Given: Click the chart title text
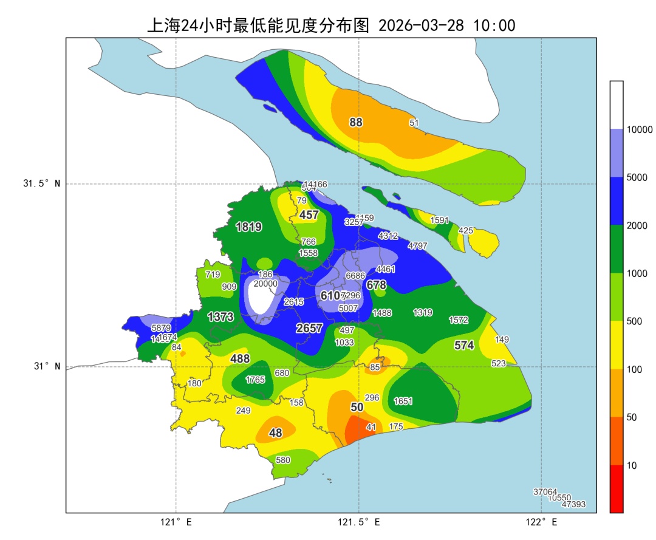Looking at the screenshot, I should pyautogui.click(x=331, y=25).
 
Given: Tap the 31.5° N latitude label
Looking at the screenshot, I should pyautogui.click(x=42, y=184).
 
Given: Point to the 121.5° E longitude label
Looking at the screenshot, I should pyautogui.click(x=359, y=522).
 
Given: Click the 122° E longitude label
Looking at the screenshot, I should pyautogui.click(x=542, y=522).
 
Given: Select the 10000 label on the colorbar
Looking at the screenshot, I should pyautogui.click(x=640, y=129).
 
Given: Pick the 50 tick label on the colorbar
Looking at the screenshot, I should pyautogui.click(x=632, y=417).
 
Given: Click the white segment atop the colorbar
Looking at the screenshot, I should pyautogui.click(x=617, y=104).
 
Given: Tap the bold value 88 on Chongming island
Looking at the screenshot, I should pyautogui.click(x=356, y=122).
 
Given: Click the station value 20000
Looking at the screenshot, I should pyautogui.click(x=265, y=284).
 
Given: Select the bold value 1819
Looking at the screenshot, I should pyautogui.click(x=248, y=227).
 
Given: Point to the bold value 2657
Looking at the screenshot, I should pyautogui.click(x=309, y=328).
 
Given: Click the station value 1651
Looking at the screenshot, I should pyautogui.click(x=403, y=402).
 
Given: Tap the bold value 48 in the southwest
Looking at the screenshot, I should pyautogui.click(x=276, y=433).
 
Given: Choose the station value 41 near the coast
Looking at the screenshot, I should pyautogui.click(x=371, y=428).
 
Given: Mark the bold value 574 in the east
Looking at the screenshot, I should pyautogui.click(x=464, y=345).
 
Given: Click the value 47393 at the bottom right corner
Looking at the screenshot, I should pyautogui.click(x=573, y=505).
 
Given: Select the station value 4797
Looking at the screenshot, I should pyautogui.click(x=418, y=246).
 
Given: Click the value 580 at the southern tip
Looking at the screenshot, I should pyautogui.click(x=283, y=460).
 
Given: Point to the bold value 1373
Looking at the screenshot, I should pyautogui.click(x=220, y=316).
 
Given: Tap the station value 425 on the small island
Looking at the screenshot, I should pyautogui.click(x=466, y=231).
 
